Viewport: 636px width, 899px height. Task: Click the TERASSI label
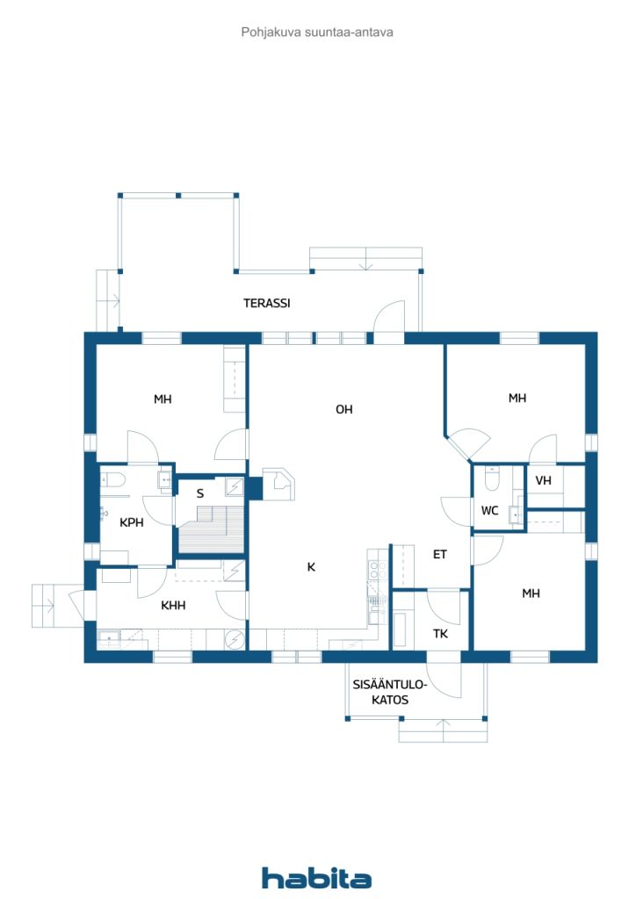[x=267, y=304]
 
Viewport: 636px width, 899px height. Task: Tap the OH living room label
[x=344, y=409]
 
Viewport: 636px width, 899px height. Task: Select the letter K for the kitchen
[x=311, y=567]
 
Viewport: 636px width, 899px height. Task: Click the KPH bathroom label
[x=132, y=522]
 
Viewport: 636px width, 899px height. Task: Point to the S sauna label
[x=200, y=493]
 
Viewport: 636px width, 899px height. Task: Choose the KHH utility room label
[x=173, y=605]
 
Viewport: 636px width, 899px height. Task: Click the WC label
[x=489, y=511]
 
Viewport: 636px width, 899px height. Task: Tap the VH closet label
[x=543, y=480]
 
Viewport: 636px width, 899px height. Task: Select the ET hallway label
[x=440, y=555]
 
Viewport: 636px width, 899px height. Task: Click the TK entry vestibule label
[x=441, y=634]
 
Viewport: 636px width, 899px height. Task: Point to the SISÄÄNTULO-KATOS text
[x=389, y=693]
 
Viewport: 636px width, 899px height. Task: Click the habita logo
[x=316, y=878]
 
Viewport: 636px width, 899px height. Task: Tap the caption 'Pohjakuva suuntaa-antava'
[x=317, y=32]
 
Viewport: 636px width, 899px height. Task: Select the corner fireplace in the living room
[x=279, y=482]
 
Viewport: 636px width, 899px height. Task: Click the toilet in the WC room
[x=492, y=481]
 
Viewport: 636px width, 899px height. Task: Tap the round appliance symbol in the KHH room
[x=235, y=640]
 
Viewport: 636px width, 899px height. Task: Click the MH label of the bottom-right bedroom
[x=531, y=593]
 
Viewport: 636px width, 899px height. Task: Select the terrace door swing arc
[x=388, y=315]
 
